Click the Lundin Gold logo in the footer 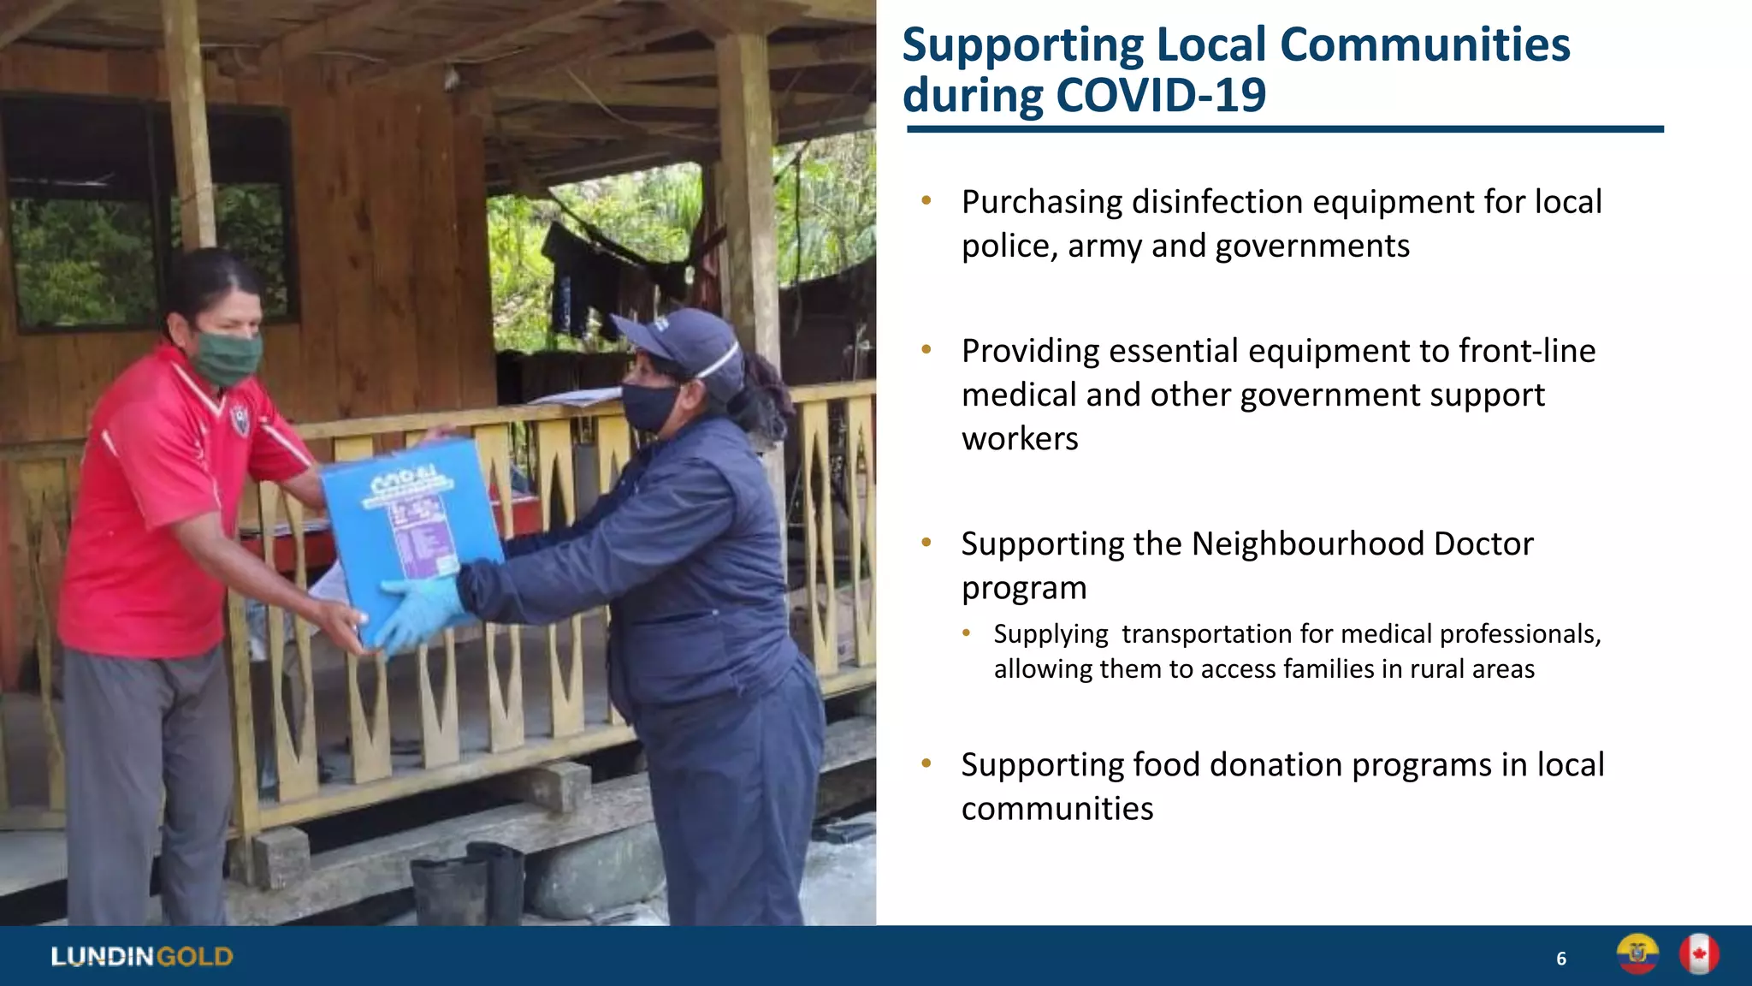click(142, 956)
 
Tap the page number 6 click(1561, 959)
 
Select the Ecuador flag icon click(1637, 954)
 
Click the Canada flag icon click(1699, 954)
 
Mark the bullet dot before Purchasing click(926, 201)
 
